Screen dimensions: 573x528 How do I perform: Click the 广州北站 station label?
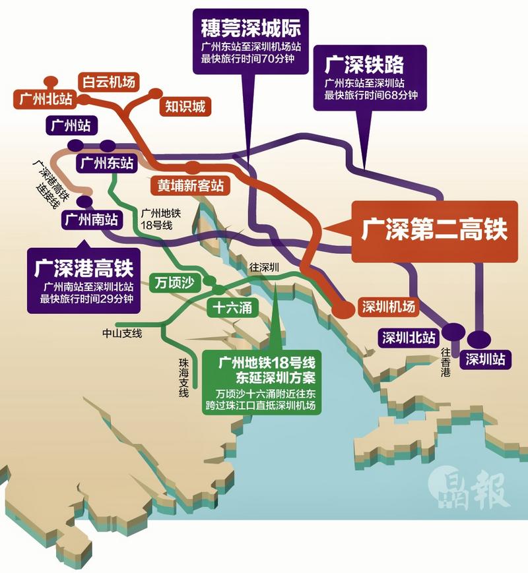(x=45, y=100)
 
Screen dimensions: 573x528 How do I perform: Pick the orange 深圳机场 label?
(x=389, y=307)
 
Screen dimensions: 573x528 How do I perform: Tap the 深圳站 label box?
(x=485, y=359)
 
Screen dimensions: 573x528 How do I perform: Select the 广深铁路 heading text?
(x=364, y=65)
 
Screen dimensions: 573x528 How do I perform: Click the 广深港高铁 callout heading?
(x=84, y=269)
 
